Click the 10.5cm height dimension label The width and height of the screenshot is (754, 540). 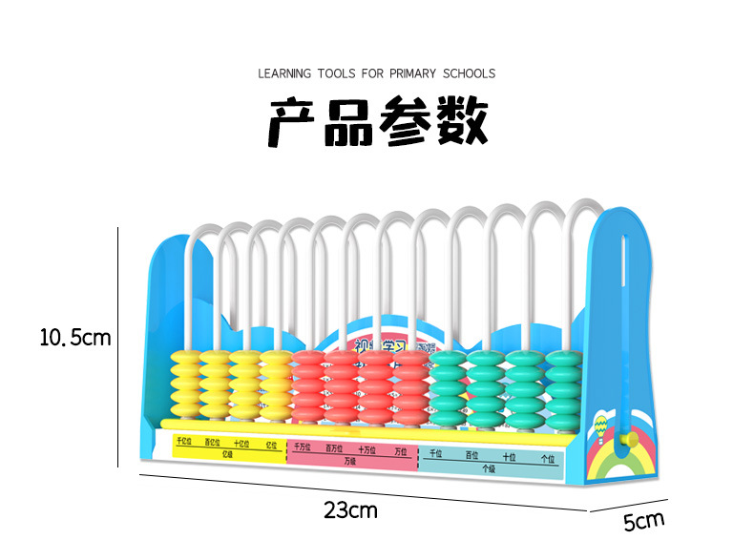tap(75, 337)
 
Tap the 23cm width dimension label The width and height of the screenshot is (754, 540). tap(350, 510)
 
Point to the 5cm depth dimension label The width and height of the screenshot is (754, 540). tap(643, 521)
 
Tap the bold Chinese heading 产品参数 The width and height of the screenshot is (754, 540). tap(377, 122)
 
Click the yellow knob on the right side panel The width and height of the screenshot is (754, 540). tap(628, 440)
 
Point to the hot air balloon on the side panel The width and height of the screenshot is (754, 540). tap(599, 425)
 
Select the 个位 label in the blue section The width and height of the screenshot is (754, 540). tap(548, 458)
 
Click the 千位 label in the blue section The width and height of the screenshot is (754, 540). tap(436, 454)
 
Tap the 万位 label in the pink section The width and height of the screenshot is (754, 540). tap(402, 449)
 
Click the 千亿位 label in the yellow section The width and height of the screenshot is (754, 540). tap(184, 442)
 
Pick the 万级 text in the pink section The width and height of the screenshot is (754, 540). tap(350, 460)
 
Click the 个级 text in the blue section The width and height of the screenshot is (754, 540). tap(489, 468)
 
